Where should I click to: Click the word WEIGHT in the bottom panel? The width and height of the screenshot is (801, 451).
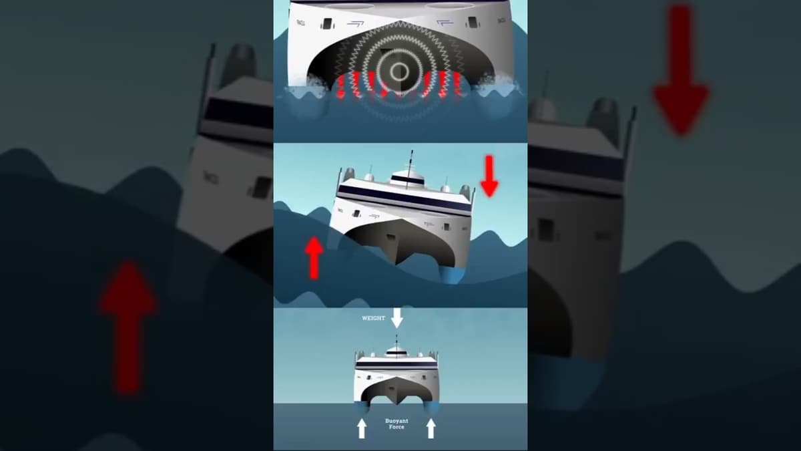click(374, 318)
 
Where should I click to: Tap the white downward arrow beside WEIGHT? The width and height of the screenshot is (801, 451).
click(397, 317)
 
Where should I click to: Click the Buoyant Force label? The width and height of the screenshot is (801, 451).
click(396, 424)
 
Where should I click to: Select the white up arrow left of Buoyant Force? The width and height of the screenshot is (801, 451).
click(362, 428)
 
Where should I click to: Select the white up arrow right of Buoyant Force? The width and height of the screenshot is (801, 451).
click(431, 428)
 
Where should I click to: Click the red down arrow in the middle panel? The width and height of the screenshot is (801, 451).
click(489, 176)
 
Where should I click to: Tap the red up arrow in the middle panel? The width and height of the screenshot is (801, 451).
click(313, 257)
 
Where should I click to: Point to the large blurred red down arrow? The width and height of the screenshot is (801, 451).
click(680, 70)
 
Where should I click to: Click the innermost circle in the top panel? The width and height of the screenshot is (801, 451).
click(399, 71)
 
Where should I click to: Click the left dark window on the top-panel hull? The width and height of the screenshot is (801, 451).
click(327, 24)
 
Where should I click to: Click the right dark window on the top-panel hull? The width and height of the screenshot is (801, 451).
click(473, 23)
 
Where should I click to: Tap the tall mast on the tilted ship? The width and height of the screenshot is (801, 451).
click(410, 160)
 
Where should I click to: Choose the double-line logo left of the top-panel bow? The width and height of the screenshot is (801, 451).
click(355, 23)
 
